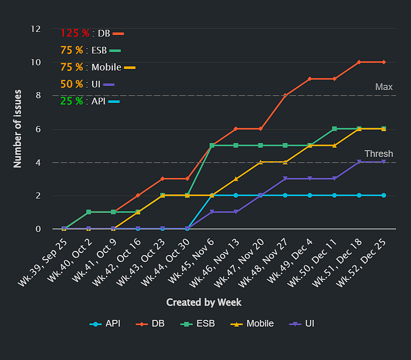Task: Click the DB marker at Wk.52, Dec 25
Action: (x=384, y=62)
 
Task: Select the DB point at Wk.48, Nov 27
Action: (x=285, y=96)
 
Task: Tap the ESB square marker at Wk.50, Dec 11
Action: (x=334, y=129)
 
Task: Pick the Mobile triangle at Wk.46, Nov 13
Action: (x=236, y=179)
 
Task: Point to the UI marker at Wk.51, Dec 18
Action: (x=359, y=162)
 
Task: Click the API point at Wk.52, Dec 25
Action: (x=384, y=195)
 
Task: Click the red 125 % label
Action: (x=75, y=33)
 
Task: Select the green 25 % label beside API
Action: (x=71, y=101)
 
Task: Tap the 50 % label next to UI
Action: (x=71, y=84)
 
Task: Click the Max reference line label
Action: (x=384, y=87)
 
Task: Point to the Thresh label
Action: (x=379, y=154)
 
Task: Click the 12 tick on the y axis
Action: (x=35, y=29)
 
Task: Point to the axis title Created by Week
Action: (x=204, y=302)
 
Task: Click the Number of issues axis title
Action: (x=18, y=129)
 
